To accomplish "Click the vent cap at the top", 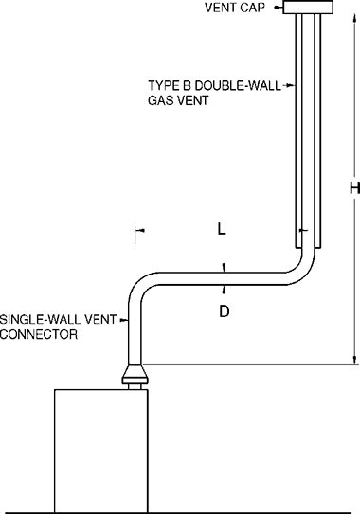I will click(309, 8).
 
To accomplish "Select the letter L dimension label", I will click(221, 229).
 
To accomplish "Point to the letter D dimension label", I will click(225, 310).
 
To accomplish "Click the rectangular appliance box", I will click(100, 449).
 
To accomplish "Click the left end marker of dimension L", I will click(137, 229).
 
